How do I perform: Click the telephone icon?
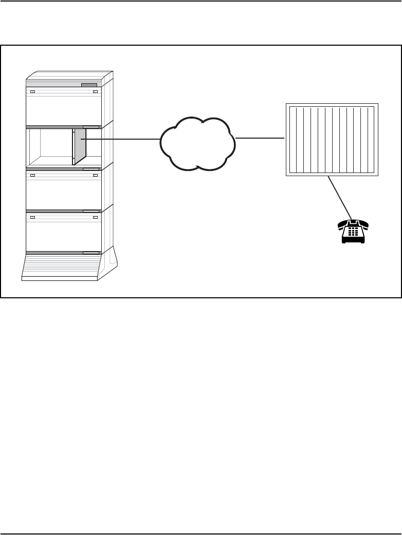click(353, 231)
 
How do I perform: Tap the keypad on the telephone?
click(353, 232)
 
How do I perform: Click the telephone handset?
click(353, 222)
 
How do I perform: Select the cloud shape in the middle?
click(198, 144)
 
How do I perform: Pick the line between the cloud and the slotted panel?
click(260, 138)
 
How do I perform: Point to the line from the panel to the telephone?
click(340, 198)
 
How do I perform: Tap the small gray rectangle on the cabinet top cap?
click(89, 85)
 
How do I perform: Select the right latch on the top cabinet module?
click(95, 92)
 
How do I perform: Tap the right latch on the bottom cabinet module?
click(95, 217)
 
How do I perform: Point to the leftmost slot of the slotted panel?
click(293, 140)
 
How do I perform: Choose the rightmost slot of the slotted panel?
click(372, 140)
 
